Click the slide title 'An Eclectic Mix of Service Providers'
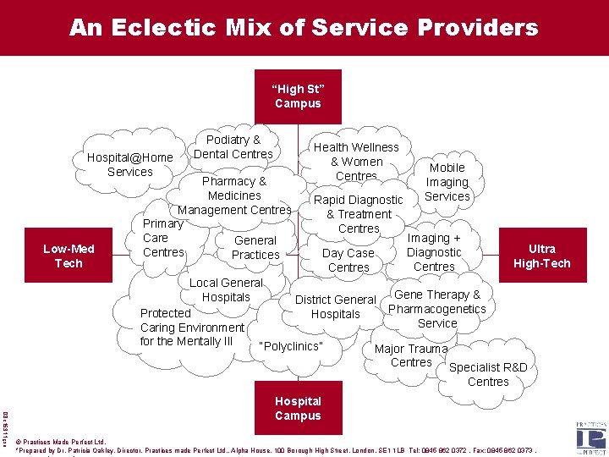(x=304, y=28)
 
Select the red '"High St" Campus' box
(x=298, y=96)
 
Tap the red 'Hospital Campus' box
(x=298, y=408)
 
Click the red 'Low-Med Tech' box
(x=69, y=256)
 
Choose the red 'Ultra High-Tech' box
(x=541, y=256)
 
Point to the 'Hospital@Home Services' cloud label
(x=130, y=164)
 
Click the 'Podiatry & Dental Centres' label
(x=233, y=146)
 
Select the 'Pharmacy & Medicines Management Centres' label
(x=234, y=195)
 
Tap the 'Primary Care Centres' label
(x=163, y=238)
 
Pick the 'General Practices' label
(x=255, y=247)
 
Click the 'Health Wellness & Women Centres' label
(x=356, y=162)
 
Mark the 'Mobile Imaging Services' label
(x=447, y=182)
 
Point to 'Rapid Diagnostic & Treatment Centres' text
(x=359, y=214)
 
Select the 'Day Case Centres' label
(x=348, y=260)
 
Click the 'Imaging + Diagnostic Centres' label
(x=434, y=252)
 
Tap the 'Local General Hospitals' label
(x=226, y=289)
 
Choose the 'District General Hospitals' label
(x=336, y=306)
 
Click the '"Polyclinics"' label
(x=292, y=346)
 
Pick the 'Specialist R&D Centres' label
(x=488, y=374)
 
